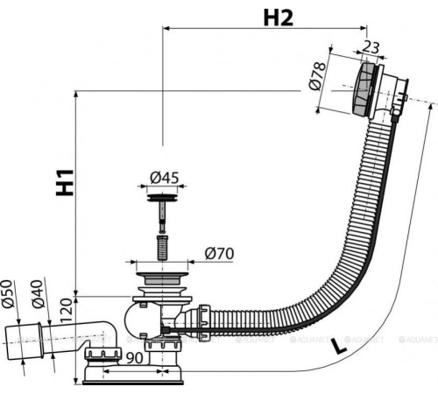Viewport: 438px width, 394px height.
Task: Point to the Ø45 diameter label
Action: tap(164, 178)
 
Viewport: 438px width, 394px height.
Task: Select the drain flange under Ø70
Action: tap(159, 278)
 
